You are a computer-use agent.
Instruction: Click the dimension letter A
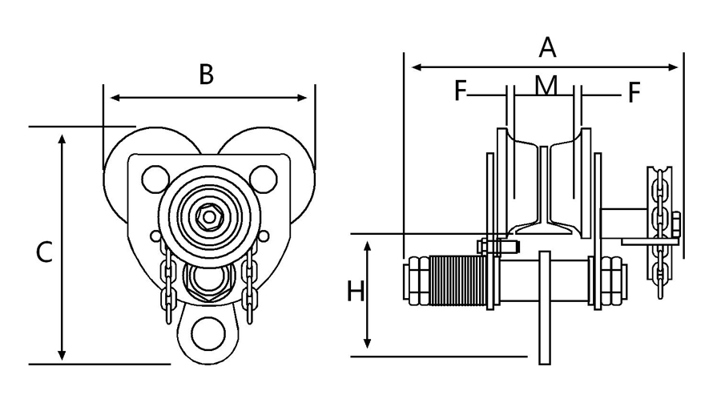[547, 48]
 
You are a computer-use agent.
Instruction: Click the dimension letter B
[207, 75]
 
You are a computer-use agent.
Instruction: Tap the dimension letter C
[45, 252]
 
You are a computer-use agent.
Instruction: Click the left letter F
[461, 92]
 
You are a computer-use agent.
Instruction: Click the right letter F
[634, 93]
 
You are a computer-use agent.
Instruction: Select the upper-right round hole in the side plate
[261, 176]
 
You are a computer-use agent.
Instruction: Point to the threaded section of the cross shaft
[457, 280]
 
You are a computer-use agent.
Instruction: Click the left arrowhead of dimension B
[113, 98]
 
